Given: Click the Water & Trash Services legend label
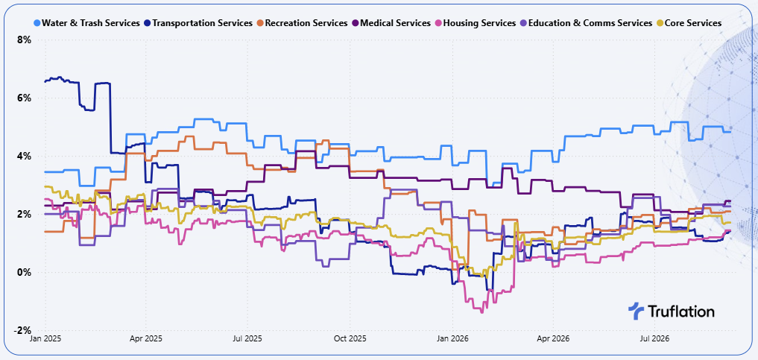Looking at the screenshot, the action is click(x=91, y=22).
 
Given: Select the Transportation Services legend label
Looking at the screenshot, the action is click(x=202, y=22).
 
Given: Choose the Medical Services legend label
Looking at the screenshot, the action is click(x=396, y=22).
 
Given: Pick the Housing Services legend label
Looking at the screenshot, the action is click(x=479, y=22).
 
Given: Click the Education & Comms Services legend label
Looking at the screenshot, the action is click(x=590, y=22).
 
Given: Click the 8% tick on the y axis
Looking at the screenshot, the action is click(x=25, y=40).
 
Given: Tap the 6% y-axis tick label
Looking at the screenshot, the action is click(x=25, y=98).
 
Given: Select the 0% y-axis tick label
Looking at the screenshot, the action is click(x=25, y=273).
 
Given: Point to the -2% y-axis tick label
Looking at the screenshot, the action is click(x=23, y=330).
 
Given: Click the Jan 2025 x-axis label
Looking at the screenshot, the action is click(x=45, y=339).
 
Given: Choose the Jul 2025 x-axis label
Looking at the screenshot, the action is click(x=247, y=339).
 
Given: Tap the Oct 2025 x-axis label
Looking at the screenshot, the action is click(x=349, y=339).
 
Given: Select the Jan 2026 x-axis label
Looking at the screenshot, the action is click(x=452, y=339).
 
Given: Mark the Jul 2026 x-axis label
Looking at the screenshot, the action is click(x=654, y=339).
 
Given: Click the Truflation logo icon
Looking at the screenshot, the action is click(x=636, y=311).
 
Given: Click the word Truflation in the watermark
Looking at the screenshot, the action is click(x=680, y=312).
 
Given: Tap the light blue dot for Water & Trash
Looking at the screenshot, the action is click(x=37, y=22).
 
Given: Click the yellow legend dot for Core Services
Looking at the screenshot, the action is click(x=660, y=22).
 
